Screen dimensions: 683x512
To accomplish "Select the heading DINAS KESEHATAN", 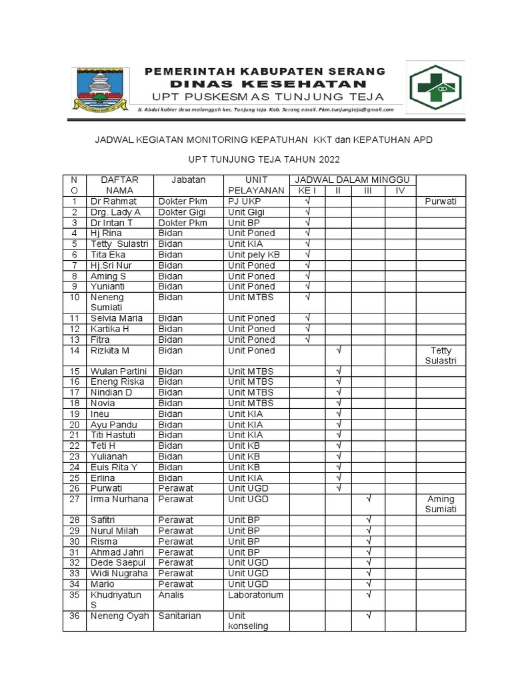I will [267, 84].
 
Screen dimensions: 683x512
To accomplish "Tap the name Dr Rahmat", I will [113, 201].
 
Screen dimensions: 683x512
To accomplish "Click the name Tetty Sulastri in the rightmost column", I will [441, 356].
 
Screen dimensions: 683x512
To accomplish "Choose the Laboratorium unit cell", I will [255, 594].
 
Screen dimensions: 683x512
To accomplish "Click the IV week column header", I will [400, 191].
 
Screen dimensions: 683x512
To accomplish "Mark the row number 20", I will [75, 424].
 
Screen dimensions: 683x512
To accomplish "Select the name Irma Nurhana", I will [119, 499].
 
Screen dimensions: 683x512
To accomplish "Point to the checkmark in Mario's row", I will [368, 584].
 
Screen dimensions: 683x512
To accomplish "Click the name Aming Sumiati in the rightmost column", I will [441, 504].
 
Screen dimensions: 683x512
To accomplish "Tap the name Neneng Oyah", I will [119, 616].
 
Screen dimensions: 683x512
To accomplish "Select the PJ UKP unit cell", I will [244, 201].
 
